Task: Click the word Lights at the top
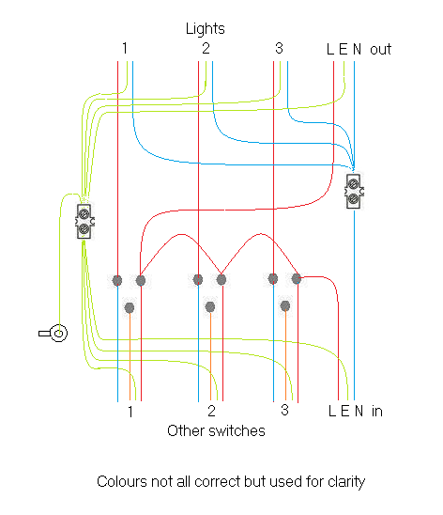[x=205, y=29]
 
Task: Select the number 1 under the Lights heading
[x=124, y=49]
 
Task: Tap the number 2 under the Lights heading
[x=205, y=49]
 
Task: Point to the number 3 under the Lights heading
[x=279, y=49]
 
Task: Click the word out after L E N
[x=380, y=49]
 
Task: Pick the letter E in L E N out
[x=343, y=49]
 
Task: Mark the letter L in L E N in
[x=332, y=412]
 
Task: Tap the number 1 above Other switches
[x=130, y=412]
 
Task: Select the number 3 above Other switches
[x=283, y=412]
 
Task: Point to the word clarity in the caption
[x=344, y=482]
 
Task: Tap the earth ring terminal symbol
[x=55, y=333]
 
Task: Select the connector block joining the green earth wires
[x=84, y=221]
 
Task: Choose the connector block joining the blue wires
[x=354, y=191]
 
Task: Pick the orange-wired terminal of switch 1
[x=130, y=307]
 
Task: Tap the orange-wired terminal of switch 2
[x=209, y=307]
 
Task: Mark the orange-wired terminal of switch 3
[x=284, y=306]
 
